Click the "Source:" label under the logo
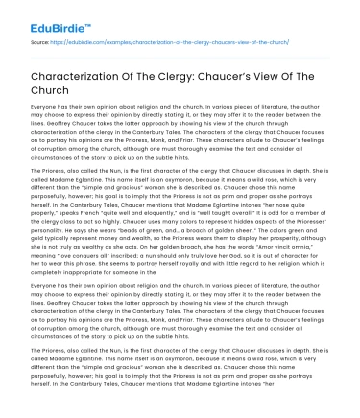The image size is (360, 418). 19,42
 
